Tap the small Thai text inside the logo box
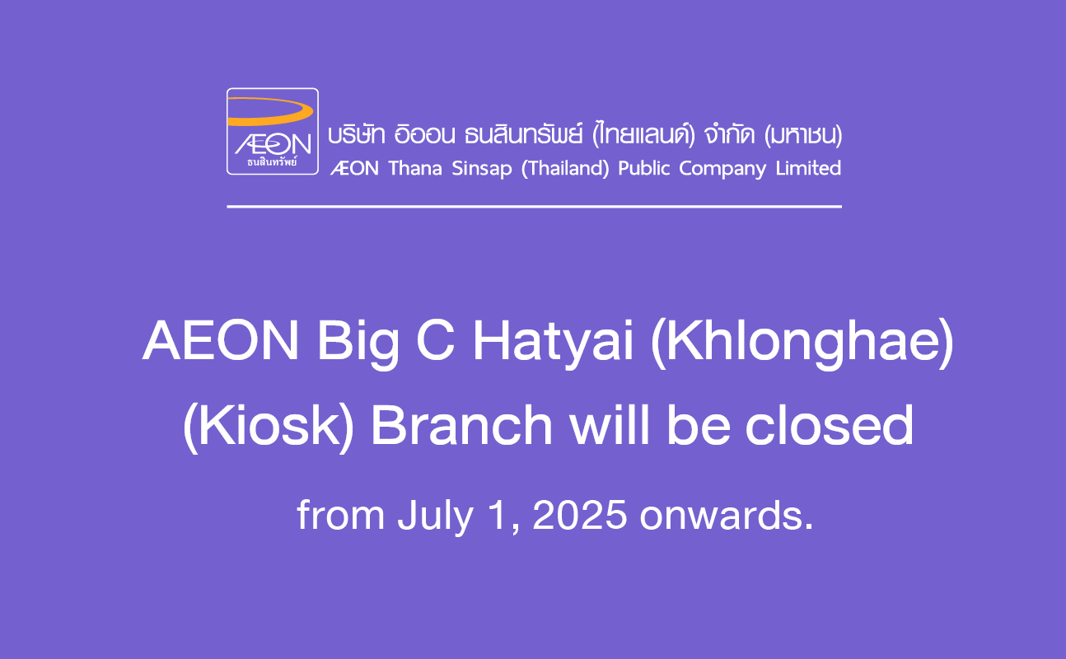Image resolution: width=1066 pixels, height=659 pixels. (272, 161)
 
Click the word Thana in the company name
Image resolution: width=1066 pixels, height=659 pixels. (415, 168)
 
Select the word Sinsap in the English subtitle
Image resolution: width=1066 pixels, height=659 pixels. (482, 169)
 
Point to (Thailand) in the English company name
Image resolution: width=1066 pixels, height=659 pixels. (565, 169)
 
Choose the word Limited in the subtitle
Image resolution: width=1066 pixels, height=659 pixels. (808, 168)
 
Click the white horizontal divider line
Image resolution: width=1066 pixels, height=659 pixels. (535, 207)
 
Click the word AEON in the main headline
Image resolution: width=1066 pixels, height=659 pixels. (220, 341)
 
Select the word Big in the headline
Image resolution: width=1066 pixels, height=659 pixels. (358, 344)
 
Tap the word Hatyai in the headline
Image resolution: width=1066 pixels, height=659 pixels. (553, 344)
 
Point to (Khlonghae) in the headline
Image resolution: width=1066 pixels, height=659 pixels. (802, 344)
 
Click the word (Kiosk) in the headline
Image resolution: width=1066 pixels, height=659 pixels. (269, 427)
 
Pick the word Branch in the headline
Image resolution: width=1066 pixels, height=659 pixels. (461, 424)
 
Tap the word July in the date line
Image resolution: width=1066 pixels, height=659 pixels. (436, 517)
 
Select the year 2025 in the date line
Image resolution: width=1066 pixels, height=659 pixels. (580, 515)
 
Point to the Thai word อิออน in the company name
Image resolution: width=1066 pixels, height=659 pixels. (424, 134)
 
